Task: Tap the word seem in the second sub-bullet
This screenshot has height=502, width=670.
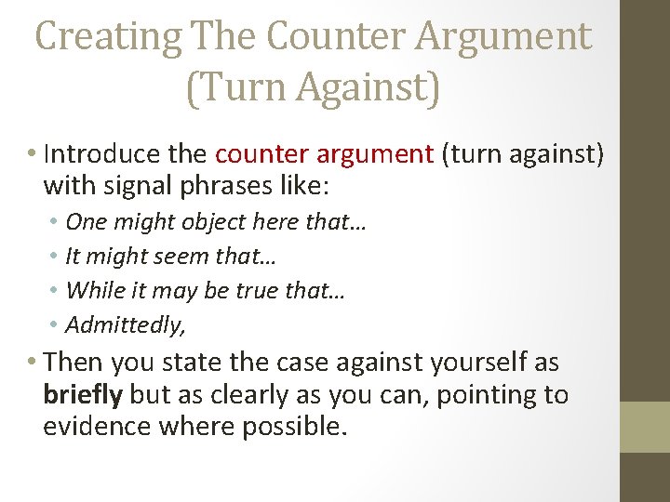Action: point(167,257)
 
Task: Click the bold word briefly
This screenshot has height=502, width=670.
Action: point(83,394)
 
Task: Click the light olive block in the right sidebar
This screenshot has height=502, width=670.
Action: point(645,427)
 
